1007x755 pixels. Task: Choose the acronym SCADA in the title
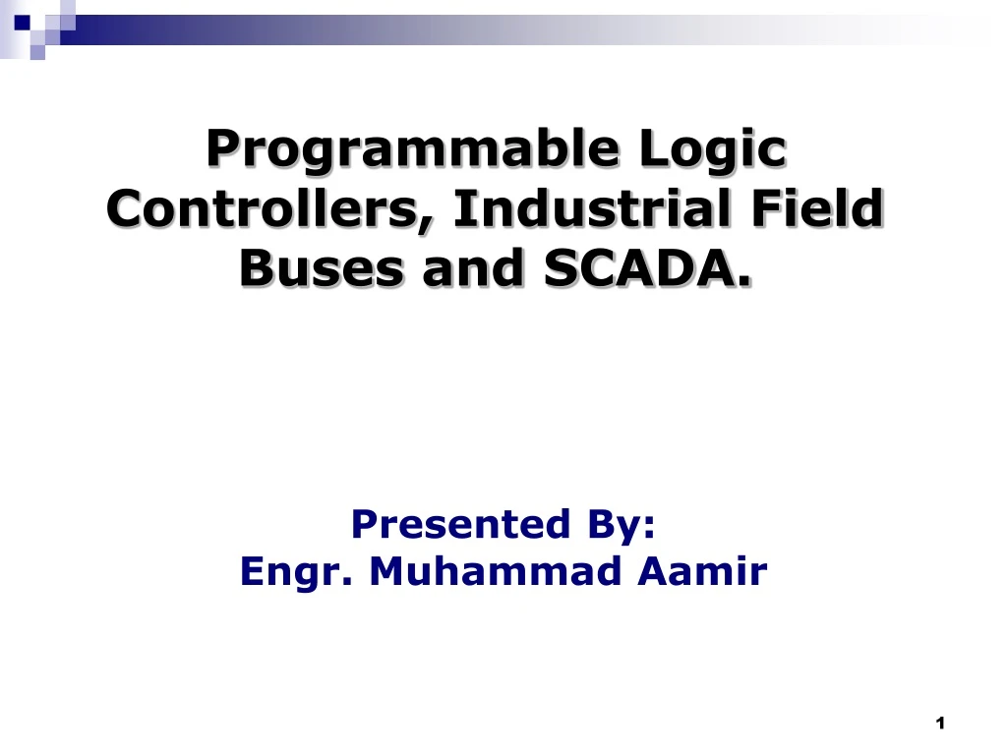click(x=638, y=267)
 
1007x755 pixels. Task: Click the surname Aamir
click(x=702, y=570)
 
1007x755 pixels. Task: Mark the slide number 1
click(x=940, y=724)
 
